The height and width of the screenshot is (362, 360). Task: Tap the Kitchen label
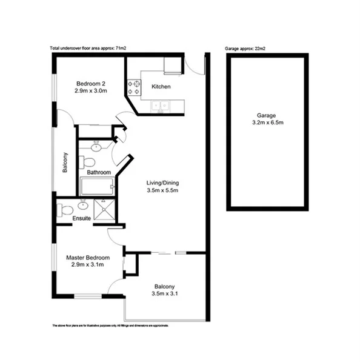pyautogui.click(x=161, y=87)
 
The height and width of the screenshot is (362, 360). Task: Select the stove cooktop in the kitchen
pyautogui.click(x=133, y=88)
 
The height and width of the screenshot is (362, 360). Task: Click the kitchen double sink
pyautogui.click(x=160, y=106)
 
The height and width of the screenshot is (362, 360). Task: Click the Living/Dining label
pyautogui.click(x=163, y=183)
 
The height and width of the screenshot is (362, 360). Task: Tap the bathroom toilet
pyautogui.click(x=88, y=162)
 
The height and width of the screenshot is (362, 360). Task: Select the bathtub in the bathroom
pyautogui.click(x=97, y=186)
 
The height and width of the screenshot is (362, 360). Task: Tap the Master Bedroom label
pyautogui.click(x=88, y=257)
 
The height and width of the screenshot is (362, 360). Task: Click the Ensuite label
pyautogui.click(x=81, y=218)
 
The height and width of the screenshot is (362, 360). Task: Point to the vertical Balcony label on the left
pyautogui.click(x=65, y=163)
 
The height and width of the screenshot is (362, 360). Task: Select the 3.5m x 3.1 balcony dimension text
pyautogui.click(x=165, y=295)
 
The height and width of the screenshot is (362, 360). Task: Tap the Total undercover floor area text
pyautogui.click(x=88, y=49)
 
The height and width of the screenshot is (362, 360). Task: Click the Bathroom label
pyautogui.click(x=99, y=173)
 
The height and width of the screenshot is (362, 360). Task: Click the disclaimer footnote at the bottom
pyautogui.click(x=109, y=326)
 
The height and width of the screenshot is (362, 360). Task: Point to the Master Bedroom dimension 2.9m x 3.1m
pyautogui.click(x=88, y=265)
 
